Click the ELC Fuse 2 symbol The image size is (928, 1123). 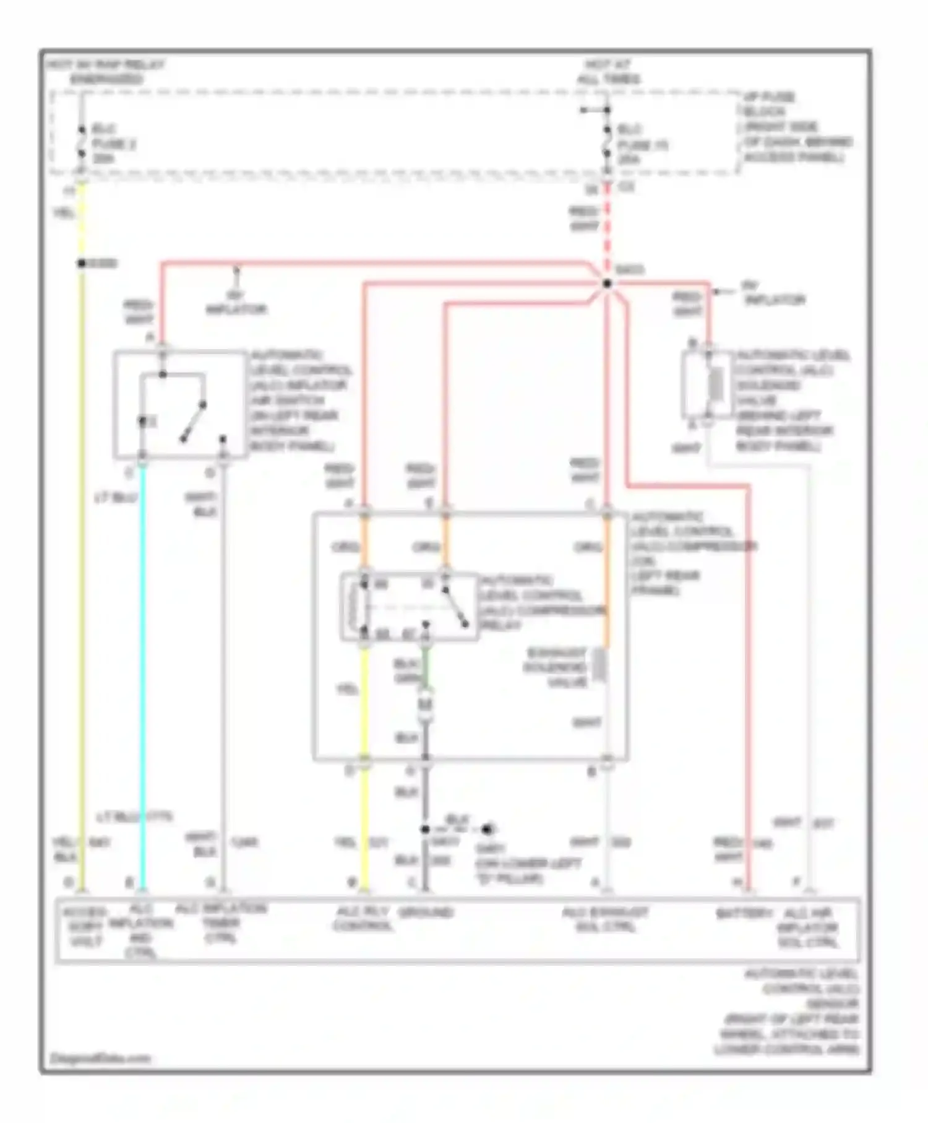pos(82,144)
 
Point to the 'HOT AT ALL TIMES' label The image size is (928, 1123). pos(608,72)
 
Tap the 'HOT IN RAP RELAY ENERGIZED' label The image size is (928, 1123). pos(106,72)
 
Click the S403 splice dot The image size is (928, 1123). pos(607,284)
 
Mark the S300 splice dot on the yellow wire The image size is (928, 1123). pos(82,263)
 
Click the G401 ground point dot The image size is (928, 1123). pos(488,829)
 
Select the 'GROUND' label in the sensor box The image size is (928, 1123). pos(426,913)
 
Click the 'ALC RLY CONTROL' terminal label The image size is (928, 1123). pos(363,919)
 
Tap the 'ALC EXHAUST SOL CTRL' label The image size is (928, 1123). pos(605,919)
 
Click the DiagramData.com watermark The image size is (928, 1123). pos(100,1058)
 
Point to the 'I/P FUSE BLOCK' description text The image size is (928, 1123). pos(797,127)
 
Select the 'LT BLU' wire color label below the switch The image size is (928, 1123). pos(115,498)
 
